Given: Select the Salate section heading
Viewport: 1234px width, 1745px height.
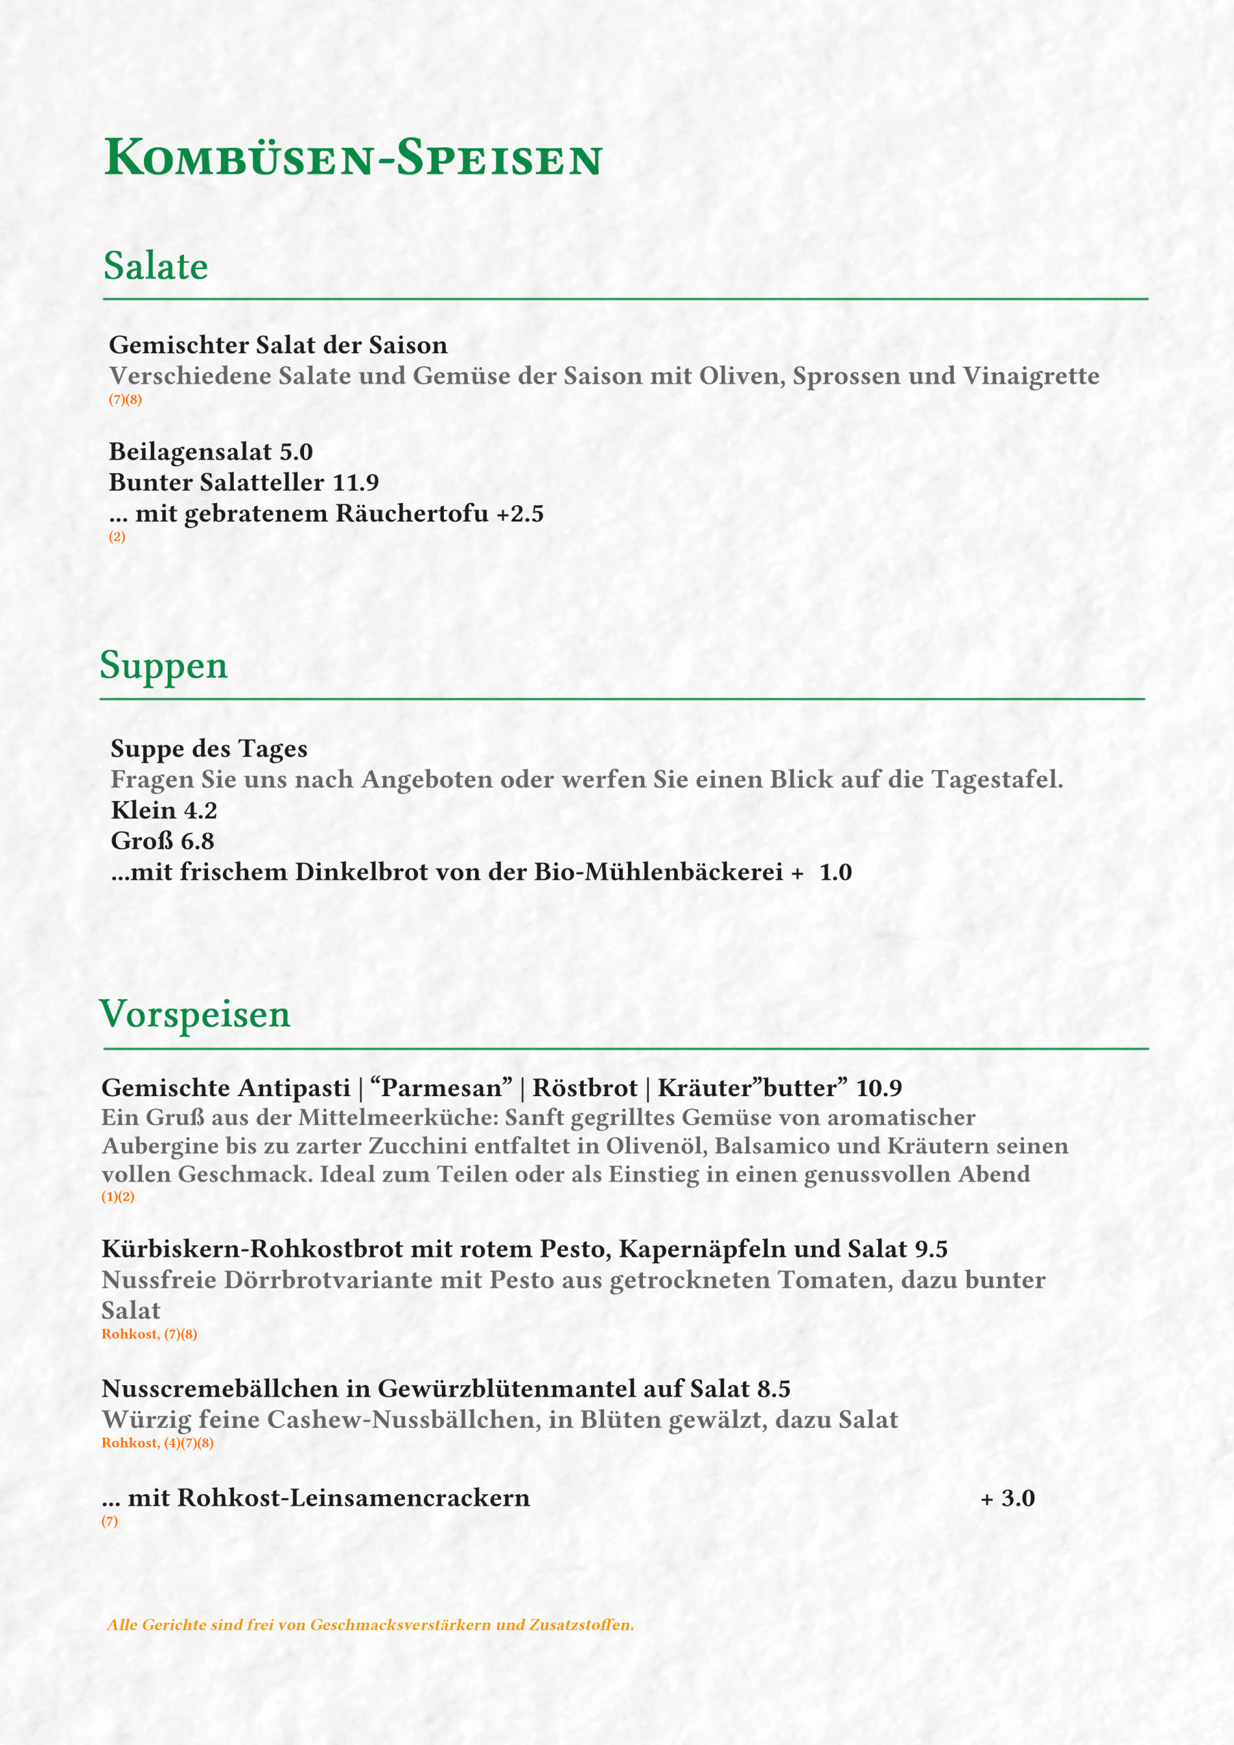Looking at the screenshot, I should pyautogui.click(x=156, y=266).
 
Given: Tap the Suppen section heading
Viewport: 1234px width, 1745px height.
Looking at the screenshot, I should pyautogui.click(x=164, y=665).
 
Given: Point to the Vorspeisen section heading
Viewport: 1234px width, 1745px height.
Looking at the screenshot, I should pyautogui.click(x=194, y=1015).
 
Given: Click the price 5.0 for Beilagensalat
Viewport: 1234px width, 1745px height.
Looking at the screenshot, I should pyautogui.click(x=296, y=452).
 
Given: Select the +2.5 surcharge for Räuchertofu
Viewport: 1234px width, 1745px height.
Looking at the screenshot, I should pyautogui.click(x=520, y=514).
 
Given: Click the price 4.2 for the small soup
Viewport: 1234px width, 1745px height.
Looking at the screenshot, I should pyautogui.click(x=200, y=811).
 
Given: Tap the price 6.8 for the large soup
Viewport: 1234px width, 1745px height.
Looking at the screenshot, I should pyautogui.click(x=197, y=841).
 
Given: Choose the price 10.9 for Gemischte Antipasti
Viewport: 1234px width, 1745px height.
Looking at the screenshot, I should pyautogui.click(x=878, y=1089).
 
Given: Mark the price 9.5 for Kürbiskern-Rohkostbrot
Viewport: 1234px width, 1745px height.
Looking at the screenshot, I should pyautogui.click(x=931, y=1249).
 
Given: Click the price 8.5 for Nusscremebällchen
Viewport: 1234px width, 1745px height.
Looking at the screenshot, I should pyautogui.click(x=774, y=1389).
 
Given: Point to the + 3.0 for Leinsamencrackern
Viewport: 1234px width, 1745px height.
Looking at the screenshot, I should pyautogui.click(x=1008, y=1498).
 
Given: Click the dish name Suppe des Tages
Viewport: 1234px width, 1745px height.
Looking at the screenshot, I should pyautogui.click(x=209, y=748).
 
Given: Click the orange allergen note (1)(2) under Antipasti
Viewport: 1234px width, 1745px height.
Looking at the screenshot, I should pyautogui.click(x=118, y=1196).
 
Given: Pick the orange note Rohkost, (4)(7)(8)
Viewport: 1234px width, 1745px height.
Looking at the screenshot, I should pyautogui.click(x=157, y=1442).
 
